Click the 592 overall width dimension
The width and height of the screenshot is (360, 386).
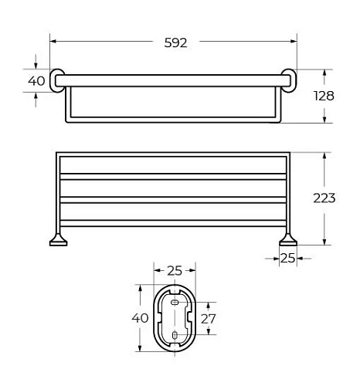point(175,43)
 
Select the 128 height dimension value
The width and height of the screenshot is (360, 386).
point(325,96)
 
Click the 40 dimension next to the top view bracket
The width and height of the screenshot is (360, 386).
point(36,81)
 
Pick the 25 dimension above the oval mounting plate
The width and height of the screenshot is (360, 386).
point(175,270)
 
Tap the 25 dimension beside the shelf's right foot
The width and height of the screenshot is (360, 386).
point(288,258)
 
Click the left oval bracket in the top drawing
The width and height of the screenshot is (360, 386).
point(58,81)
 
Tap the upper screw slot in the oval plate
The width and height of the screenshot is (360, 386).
point(175,304)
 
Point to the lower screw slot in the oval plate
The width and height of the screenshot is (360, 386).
point(175,334)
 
